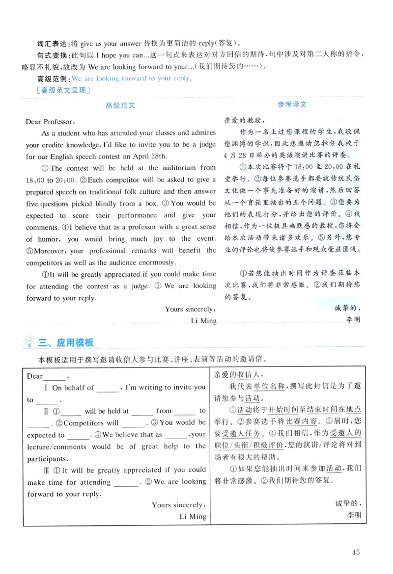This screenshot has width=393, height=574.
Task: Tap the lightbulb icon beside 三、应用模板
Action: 30,342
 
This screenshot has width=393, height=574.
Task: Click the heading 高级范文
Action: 120,105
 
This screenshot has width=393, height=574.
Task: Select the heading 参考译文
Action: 292,104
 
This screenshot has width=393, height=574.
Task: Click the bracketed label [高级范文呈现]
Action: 63,90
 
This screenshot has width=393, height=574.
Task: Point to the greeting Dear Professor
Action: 50,122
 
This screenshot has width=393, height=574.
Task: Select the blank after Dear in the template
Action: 55,377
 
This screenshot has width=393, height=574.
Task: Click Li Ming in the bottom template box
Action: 193,517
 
